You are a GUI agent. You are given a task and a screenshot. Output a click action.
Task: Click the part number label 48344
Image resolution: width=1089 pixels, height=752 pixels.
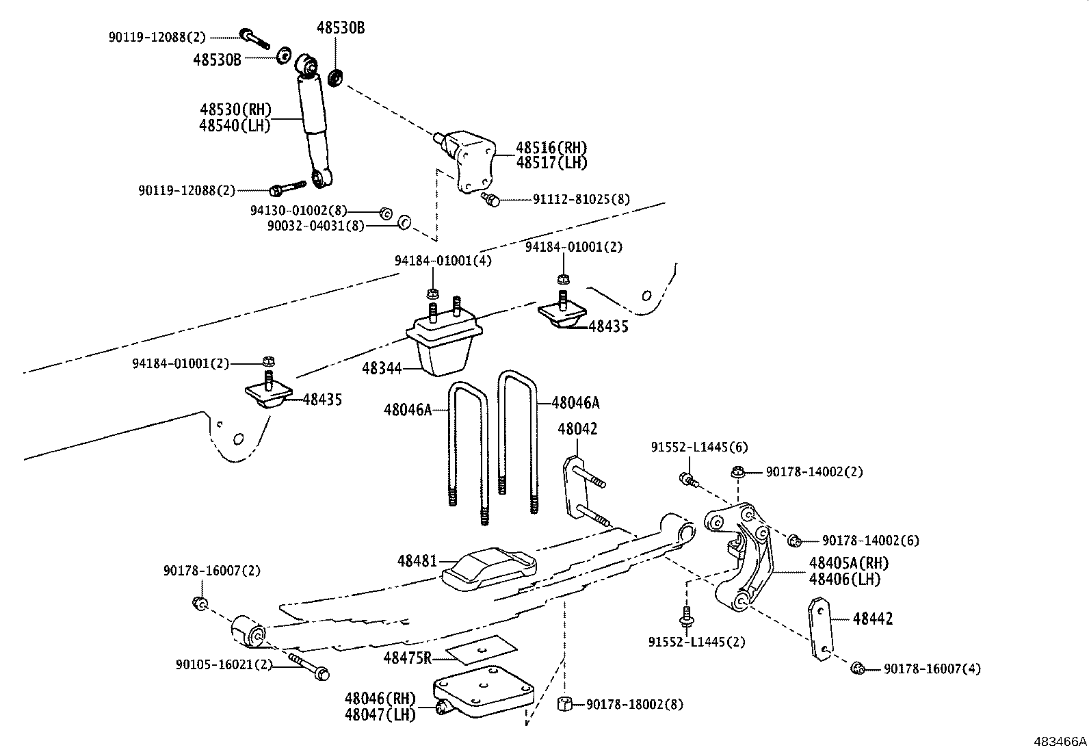381,368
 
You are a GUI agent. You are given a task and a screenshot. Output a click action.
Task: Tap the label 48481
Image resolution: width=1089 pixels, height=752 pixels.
417,560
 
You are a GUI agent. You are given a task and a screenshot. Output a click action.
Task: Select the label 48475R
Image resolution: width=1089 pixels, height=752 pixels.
408,658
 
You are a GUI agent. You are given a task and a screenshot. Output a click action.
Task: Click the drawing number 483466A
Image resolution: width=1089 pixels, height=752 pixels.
1060,741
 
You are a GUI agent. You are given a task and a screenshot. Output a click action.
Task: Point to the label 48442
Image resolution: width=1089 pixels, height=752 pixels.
873,619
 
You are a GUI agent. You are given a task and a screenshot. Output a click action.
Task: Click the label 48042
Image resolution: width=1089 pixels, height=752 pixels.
577,429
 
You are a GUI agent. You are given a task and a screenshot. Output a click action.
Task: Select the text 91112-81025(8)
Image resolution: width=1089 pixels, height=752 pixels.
581,200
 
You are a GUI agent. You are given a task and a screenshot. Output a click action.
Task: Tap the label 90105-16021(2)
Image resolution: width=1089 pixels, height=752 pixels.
224,664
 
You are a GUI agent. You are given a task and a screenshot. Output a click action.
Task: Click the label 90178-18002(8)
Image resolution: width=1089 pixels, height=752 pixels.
634,704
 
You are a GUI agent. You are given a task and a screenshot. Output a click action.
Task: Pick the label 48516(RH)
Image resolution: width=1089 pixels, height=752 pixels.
551,147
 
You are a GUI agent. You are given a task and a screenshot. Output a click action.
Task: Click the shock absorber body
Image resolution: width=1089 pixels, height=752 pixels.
314,123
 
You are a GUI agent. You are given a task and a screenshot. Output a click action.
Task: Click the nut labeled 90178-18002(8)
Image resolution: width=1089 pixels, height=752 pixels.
565,704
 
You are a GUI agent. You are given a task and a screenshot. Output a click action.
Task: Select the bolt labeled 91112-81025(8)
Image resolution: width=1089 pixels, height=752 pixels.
491,199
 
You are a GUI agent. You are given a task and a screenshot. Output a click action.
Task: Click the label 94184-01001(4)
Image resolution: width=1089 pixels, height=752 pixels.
443,261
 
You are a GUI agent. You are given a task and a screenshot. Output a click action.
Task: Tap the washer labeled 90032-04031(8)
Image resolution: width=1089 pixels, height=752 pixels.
404,222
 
